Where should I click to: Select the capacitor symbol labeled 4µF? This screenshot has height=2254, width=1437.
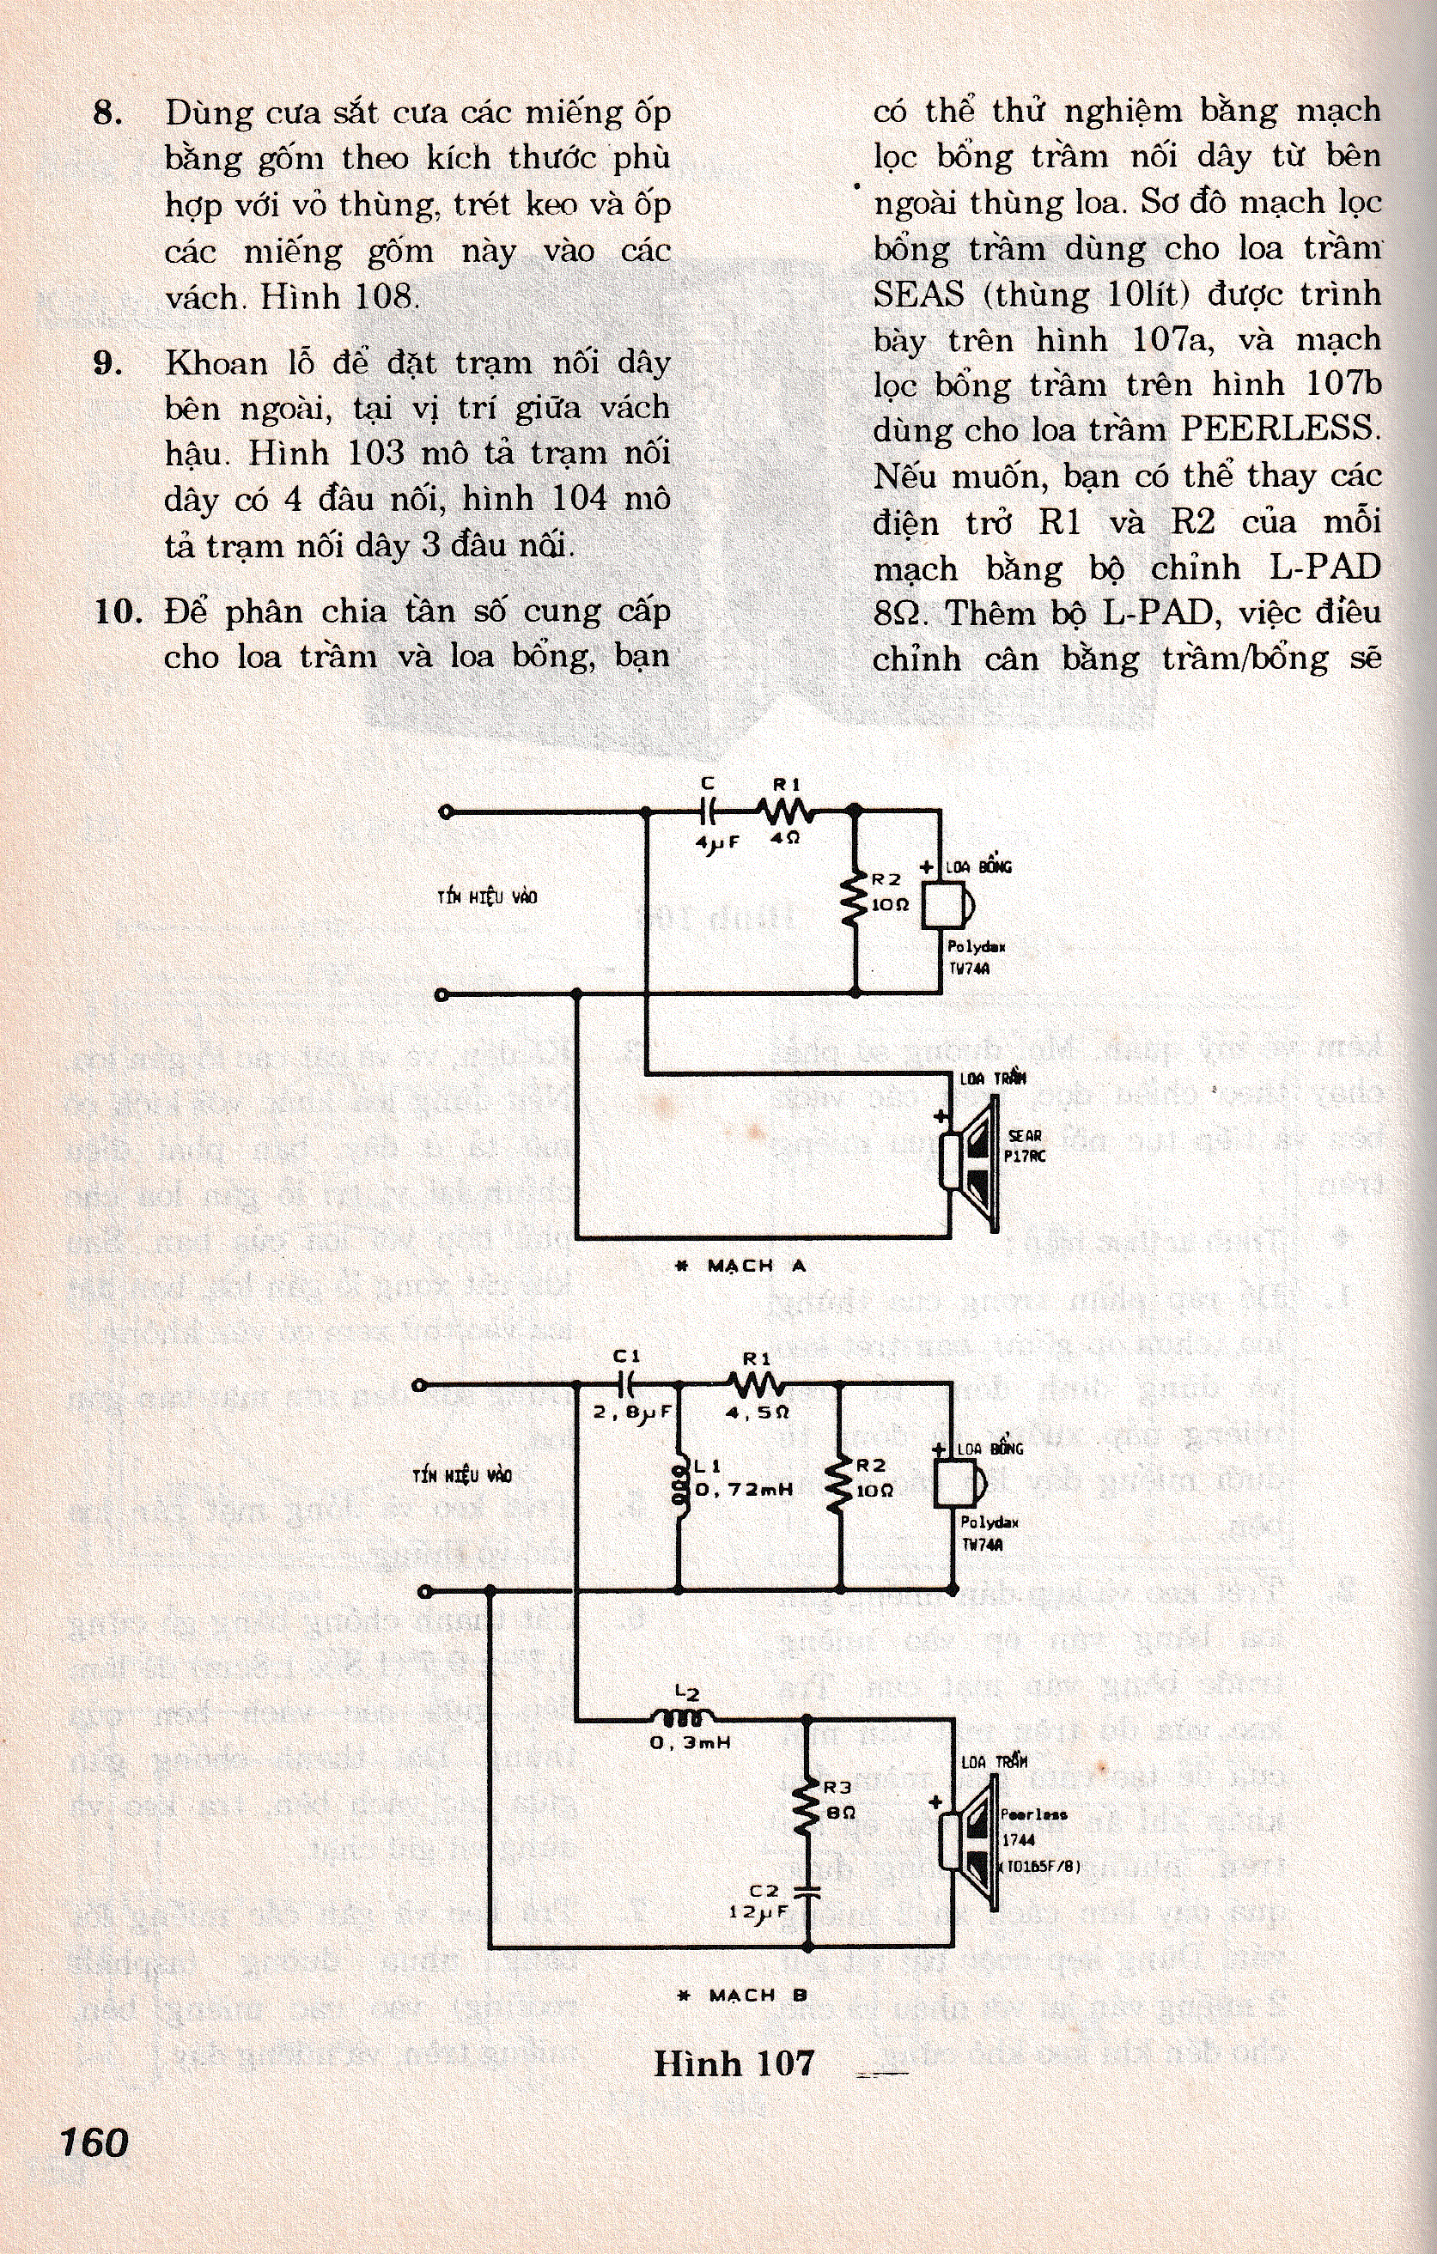[709, 811]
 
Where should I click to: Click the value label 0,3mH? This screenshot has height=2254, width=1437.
[690, 1743]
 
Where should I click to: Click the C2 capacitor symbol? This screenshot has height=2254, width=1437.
[806, 1889]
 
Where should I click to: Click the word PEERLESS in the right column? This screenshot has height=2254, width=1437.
[1281, 429]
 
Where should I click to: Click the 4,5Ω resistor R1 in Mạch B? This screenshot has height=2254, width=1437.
[758, 1384]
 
